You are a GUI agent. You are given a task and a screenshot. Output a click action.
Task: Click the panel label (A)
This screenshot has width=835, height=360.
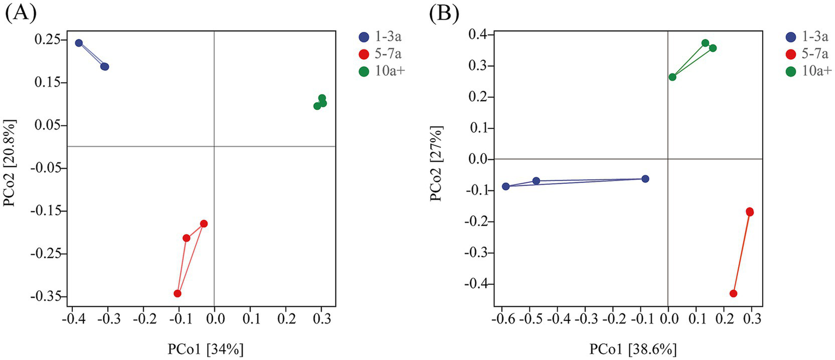tap(20, 13)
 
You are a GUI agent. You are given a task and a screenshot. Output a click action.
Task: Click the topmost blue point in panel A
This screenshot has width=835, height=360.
tap(79, 43)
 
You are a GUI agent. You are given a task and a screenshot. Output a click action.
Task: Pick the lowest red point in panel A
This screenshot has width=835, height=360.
tap(177, 294)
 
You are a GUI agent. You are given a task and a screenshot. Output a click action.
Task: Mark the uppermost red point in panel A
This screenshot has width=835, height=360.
tap(204, 224)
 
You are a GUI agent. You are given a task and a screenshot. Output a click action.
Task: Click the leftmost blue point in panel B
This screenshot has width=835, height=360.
tap(506, 187)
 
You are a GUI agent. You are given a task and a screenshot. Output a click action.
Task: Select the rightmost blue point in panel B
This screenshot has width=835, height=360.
tap(645, 179)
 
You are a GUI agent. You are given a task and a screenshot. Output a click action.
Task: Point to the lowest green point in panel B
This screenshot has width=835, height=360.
tap(672, 77)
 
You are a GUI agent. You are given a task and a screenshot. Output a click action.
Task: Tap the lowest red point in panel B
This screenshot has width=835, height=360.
tap(733, 294)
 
